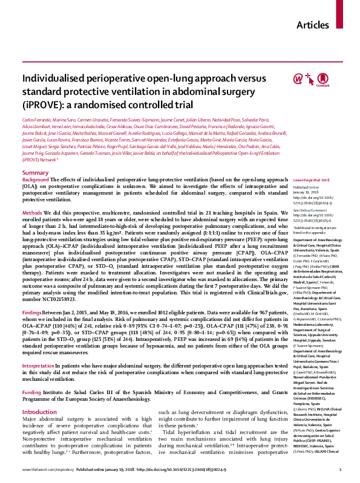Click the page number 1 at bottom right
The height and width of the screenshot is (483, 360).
click(x=341, y=468)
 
